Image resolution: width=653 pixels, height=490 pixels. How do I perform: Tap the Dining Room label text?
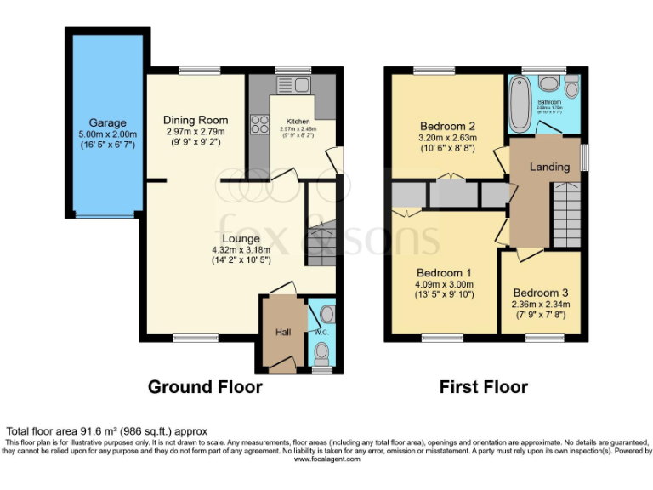point(196,121)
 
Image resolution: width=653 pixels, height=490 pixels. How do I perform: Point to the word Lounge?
point(241,239)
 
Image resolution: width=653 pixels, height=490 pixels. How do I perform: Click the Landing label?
point(549,167)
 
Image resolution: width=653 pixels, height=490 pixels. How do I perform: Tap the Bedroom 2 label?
point(447,125)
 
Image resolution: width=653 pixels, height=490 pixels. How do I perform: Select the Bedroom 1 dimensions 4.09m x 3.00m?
point(444,285)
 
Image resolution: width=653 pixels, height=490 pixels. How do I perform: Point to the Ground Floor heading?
point(205,387)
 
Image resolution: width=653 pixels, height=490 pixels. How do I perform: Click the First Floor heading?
point(483,387)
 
